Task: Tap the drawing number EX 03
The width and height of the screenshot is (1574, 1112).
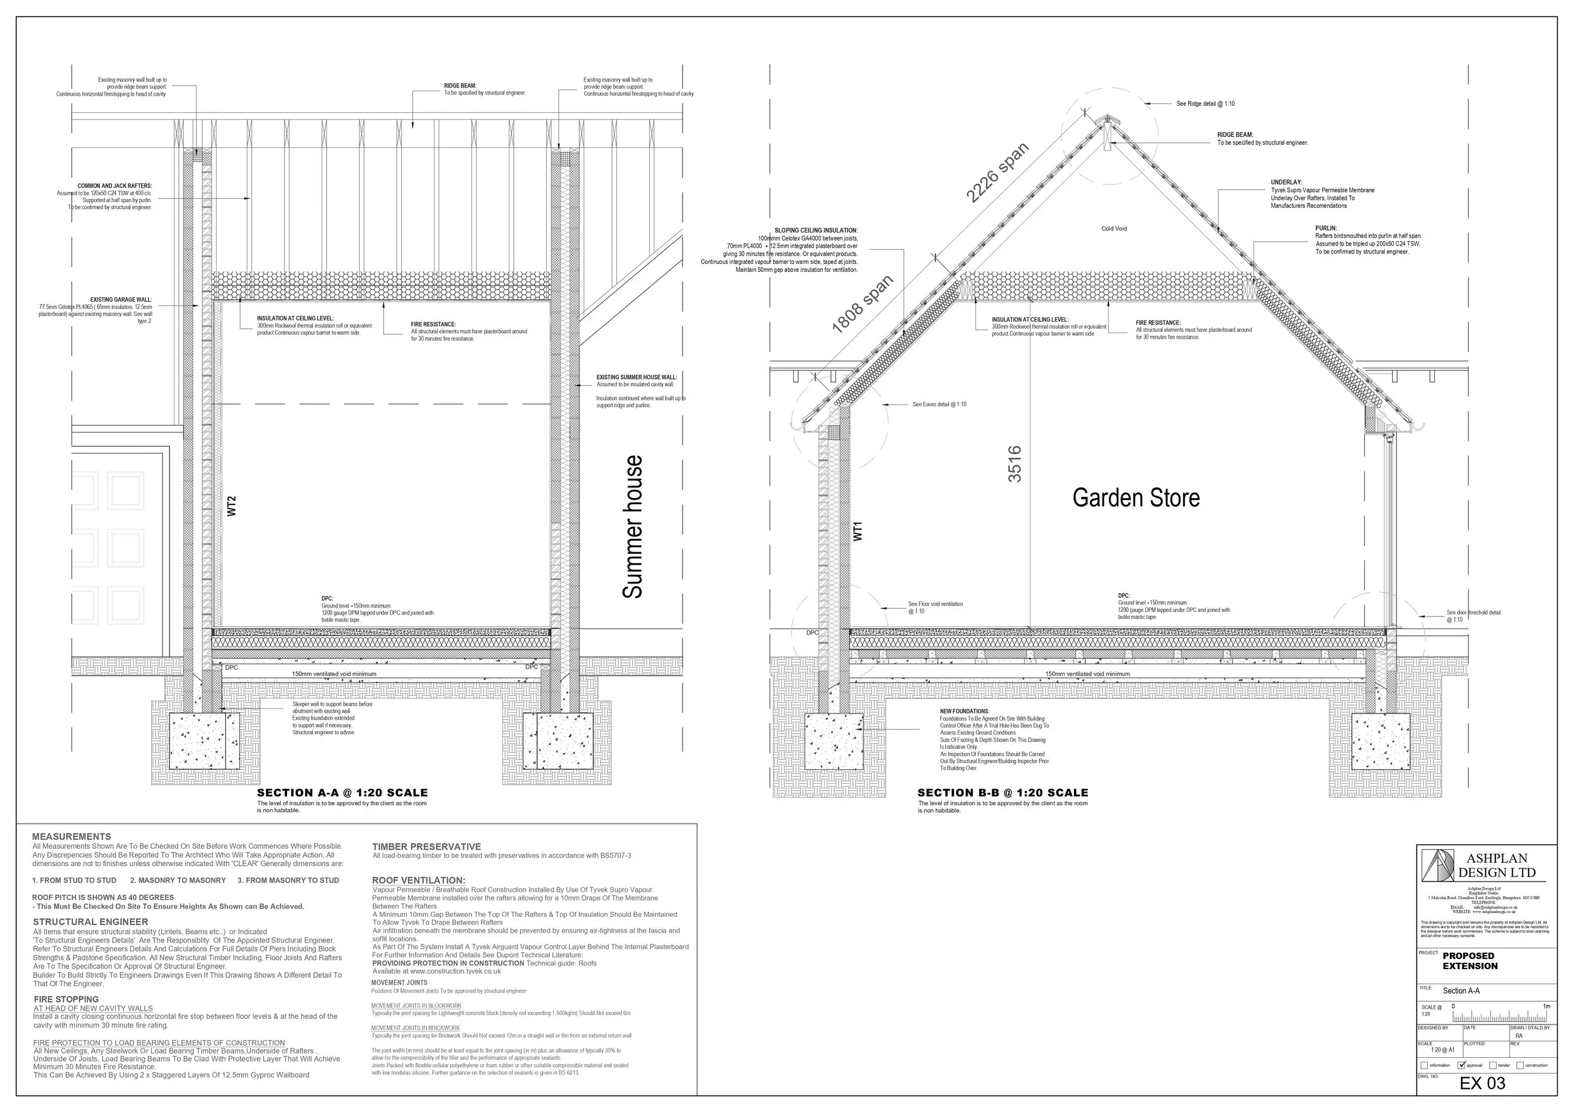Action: [1482, 1083]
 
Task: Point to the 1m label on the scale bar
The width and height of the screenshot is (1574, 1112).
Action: [1546, 1006]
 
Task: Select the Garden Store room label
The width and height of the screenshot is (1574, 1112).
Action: [1136, 497]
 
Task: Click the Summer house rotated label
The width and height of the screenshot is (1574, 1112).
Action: [633, 526]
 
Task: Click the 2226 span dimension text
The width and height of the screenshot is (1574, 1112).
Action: [997, 173]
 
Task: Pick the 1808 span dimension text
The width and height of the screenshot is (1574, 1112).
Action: [863, 304]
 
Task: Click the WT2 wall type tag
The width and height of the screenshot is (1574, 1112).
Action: [232, 506]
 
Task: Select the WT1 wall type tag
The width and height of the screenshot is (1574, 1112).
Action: [858, 531]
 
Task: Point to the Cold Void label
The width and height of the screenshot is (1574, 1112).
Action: [1114, 229]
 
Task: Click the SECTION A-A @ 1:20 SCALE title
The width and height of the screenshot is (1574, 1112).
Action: [342, 793]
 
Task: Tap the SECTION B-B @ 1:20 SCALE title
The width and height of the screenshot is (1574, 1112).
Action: [1003, 793]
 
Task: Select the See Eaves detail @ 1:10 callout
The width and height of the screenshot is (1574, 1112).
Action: [939, 404]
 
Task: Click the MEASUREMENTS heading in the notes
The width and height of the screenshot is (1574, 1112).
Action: [71, 836]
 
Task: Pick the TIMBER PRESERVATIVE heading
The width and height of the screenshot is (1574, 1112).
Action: [426, 847]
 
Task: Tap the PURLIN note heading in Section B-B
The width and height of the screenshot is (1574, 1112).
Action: [1326, 229]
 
